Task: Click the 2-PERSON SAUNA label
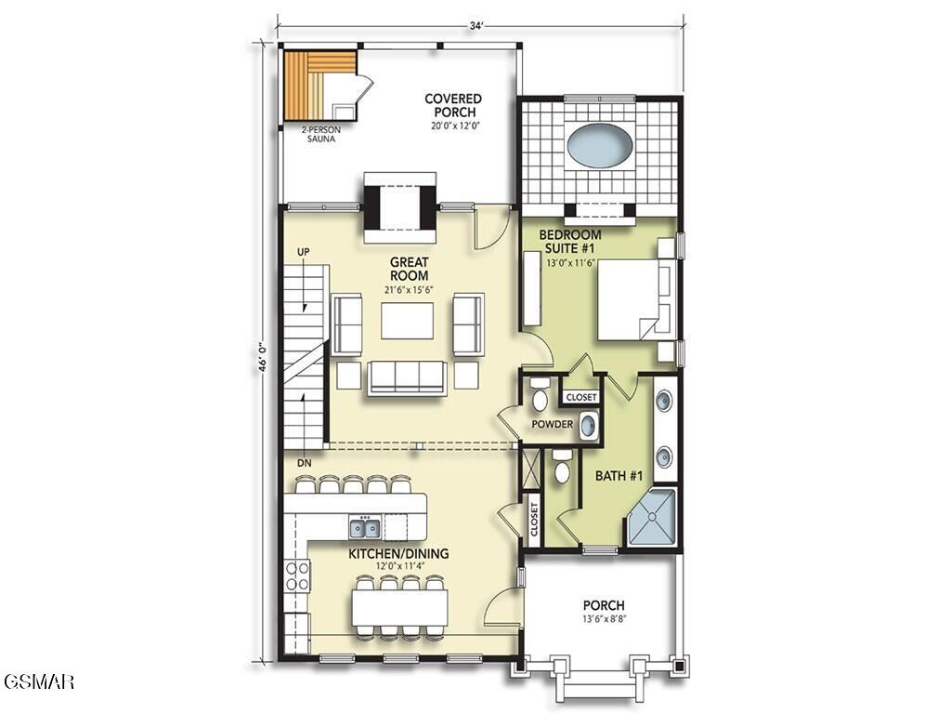click(x=319, y=134)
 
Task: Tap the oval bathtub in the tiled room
click(x=600, y=146)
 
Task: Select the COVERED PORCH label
click(x=453, y=105)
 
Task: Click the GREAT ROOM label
click(x=409, y=270)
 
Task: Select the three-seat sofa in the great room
click(x=407, y=377)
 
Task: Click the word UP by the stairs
click(x=303, y=252)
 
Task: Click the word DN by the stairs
click(x=303, y=462)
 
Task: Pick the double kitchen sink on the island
click(x=364, y=528)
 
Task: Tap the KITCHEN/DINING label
click(x=398, y=554)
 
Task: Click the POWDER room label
click(x=552, y=425)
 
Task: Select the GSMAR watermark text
click(x=38, y=681)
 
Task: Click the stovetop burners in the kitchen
click(x=297, y=575)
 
